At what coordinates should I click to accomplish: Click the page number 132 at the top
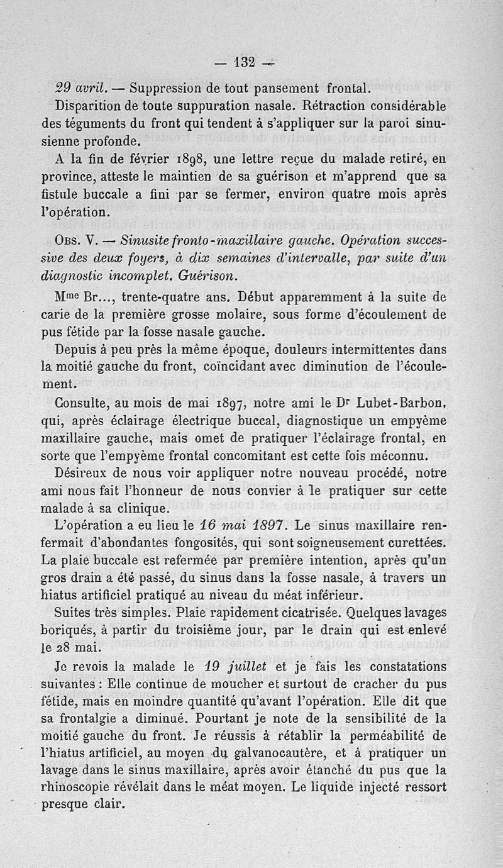coord(243,62)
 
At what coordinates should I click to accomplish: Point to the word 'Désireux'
coord(83,471)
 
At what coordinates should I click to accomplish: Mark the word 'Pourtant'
coord(224,718)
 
